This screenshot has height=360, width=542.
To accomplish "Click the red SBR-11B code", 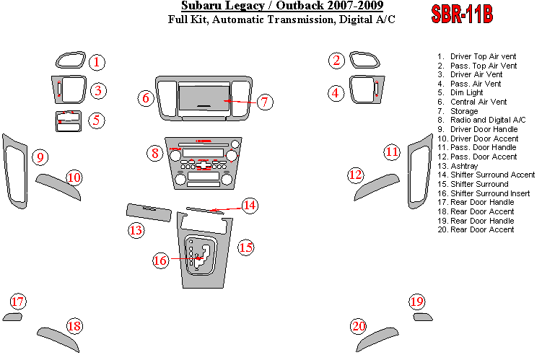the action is [x=462, y=14].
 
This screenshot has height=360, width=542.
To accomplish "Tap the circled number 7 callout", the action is [x=264, y=102].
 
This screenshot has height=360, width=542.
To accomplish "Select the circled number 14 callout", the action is [x=250, y=206].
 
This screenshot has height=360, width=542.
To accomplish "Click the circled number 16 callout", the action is [x=160, y=260].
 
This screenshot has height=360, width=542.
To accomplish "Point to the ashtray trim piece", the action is [x=149, y=212].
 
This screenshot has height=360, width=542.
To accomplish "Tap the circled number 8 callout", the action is [x=155, y=153].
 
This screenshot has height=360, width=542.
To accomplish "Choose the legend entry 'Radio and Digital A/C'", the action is [x=481, y=120].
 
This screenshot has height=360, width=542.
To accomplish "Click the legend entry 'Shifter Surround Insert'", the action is [x=484, y=193].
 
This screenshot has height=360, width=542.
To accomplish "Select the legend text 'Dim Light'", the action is [x=466, y=92].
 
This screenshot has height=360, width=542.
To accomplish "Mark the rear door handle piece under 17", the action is [x=12, y=317].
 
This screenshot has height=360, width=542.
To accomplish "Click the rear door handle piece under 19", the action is [x=423, y=317].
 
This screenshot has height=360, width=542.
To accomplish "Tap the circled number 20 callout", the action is [x=359, y=326].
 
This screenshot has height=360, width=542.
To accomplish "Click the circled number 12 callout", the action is [x=356, y=175].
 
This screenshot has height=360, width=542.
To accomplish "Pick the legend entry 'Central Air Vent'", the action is [x=472, y=102].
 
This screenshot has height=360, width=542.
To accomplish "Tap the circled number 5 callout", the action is [x=97, y=120].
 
